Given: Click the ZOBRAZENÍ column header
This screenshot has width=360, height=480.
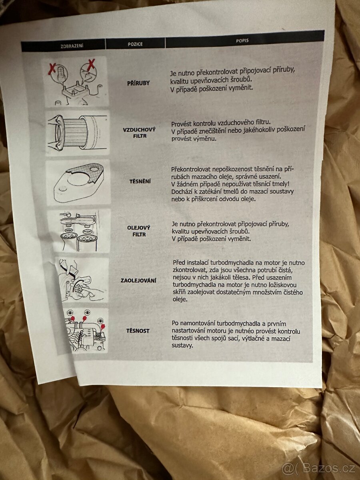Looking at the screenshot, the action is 72,46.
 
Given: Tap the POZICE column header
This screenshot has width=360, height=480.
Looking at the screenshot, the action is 135,44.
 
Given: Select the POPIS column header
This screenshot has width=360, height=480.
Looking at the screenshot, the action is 242,41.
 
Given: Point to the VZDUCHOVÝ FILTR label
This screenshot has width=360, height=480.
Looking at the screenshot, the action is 140,133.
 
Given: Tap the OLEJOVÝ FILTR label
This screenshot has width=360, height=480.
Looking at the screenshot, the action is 139,231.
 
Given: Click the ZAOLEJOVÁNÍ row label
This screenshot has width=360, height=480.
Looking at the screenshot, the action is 138,280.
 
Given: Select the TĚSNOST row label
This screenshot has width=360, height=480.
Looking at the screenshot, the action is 138,331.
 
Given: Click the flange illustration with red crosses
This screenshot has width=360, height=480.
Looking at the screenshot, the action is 76,82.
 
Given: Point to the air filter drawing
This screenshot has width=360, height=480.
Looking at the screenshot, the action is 77,133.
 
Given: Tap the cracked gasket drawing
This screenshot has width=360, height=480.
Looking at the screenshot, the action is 78,182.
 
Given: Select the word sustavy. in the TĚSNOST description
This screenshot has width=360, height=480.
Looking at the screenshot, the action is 182,346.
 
